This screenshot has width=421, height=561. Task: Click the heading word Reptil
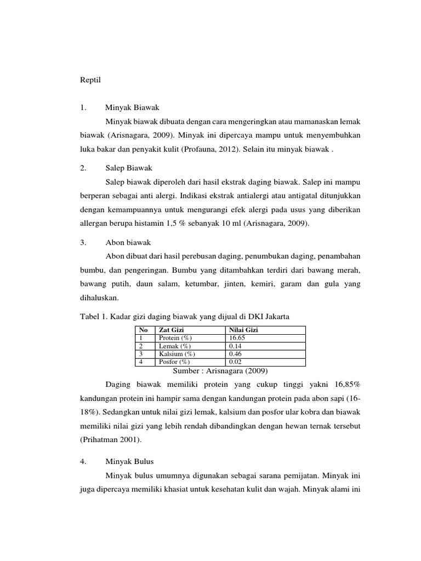(91, 80)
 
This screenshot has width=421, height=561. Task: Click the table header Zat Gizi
(171, 330)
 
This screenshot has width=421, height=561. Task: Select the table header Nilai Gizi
(244, 330)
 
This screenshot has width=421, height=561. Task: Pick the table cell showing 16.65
(237, 338)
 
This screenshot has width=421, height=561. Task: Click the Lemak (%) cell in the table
(174, 346)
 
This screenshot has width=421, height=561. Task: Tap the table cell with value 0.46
(235, 354)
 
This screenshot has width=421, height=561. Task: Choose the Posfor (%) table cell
(174, 362)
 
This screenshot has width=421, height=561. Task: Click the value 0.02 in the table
(235, 362)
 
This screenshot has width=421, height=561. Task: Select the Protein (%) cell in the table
(175, 338)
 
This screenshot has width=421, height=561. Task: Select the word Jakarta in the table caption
(275, 317)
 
